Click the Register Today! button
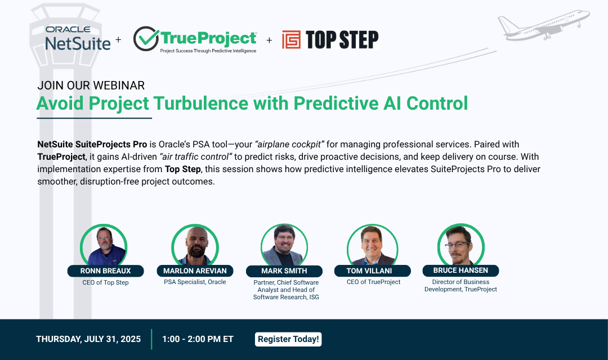point(288,339)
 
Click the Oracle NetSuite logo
point(78,38)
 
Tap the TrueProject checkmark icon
point(146,39)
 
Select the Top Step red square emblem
point(291,39)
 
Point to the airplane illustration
point(543,25)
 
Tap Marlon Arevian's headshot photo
point(195,246)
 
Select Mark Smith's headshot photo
point(284,246)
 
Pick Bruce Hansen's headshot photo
point(461,246)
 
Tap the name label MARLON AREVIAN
point(194,271)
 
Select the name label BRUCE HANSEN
point(461,271)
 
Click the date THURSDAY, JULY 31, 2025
point(88,339)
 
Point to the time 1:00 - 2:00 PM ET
point(198,339)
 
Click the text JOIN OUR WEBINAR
point(91,85)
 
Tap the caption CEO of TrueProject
point(373,282)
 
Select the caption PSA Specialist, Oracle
point(194,282)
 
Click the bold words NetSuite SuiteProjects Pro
point(92,145)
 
